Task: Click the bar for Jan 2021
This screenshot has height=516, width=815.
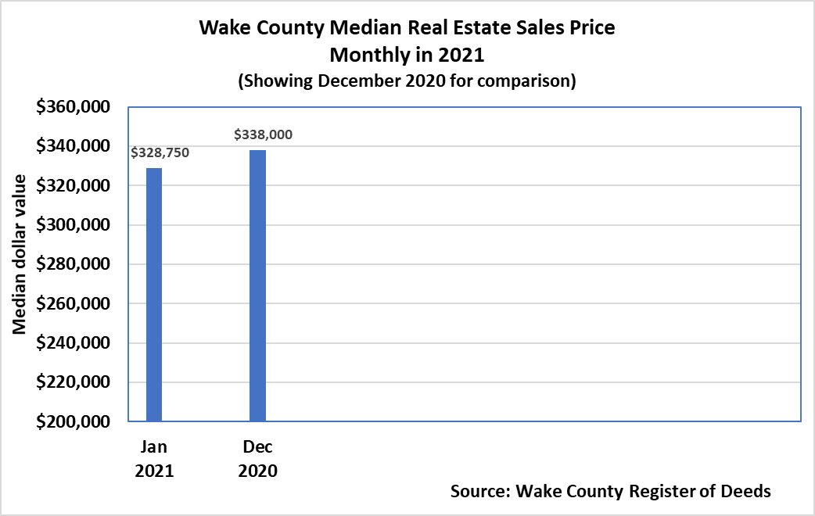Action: click(x=154, y=295)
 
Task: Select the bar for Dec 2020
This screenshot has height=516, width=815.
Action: click(x=257, y=285)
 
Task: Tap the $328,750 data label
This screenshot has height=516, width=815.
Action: click(x=160, y=153)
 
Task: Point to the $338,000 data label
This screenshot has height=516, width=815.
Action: click(x=264, y=134)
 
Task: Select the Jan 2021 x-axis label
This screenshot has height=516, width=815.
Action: click(x=154, y=459)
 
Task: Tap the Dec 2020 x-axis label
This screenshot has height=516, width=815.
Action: click(x=257, y=459)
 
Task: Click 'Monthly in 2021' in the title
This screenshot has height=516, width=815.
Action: click(x=407, y=56)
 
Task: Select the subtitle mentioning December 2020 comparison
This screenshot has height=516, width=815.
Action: click(x=407, y=81)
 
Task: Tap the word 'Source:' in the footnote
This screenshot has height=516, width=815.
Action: click(x=478, y=492)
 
